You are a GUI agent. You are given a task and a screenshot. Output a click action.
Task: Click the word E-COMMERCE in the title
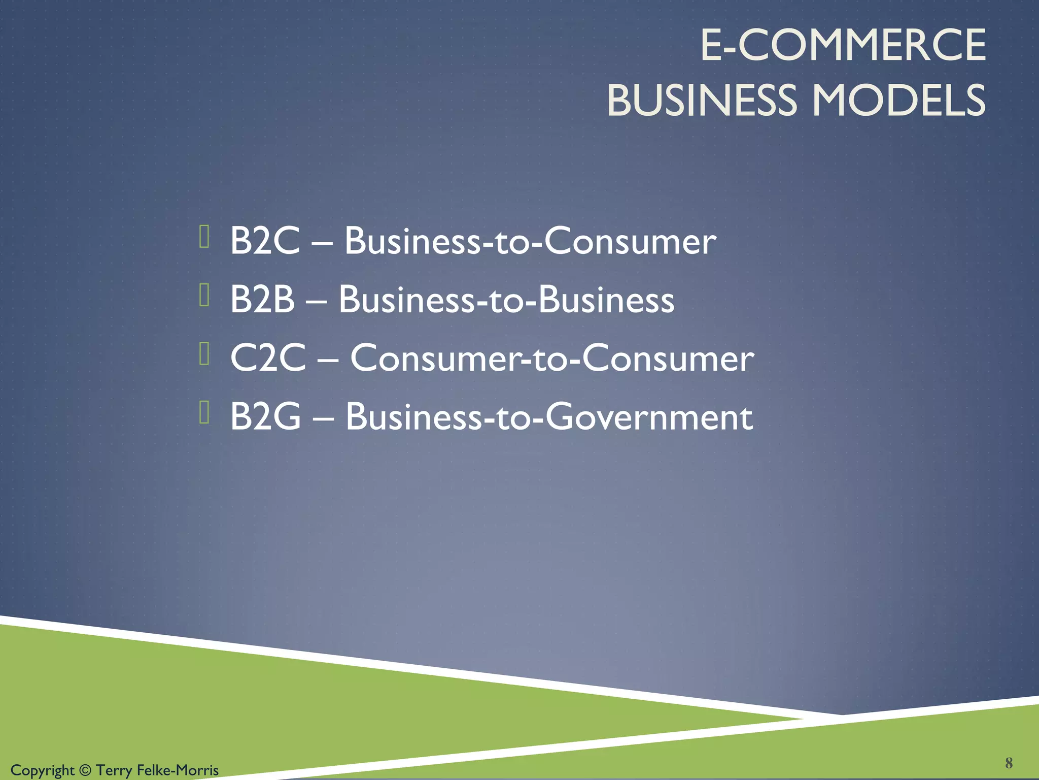coord(843,46)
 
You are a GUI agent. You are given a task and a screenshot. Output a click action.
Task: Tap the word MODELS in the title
coord(899,100)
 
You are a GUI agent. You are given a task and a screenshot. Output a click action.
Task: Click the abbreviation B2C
coord(265,240)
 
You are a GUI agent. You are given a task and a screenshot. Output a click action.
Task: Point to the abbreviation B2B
coord(262,299)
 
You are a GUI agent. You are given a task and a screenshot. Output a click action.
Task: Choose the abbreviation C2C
coord(268,358)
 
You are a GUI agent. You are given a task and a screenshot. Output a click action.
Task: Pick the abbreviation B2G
coord(265,417)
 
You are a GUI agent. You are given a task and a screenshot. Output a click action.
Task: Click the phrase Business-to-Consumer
coord(530,241)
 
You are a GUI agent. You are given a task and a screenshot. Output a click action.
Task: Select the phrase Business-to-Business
coord(506,300)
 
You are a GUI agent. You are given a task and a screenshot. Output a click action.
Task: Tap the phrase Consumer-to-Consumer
coord(552,359)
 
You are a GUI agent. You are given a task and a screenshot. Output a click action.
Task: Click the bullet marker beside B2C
coord(204,236)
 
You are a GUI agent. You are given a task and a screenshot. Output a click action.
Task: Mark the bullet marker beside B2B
coord(204,295)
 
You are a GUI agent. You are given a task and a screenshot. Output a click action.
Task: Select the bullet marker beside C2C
coord(204,354)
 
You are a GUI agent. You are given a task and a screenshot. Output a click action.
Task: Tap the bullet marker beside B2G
coord(204,412)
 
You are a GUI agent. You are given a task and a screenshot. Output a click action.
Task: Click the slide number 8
coord(1009,763)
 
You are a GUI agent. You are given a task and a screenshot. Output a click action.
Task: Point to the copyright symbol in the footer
coord(85,770)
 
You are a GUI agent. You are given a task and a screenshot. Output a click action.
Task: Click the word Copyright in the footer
coord(43,770)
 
